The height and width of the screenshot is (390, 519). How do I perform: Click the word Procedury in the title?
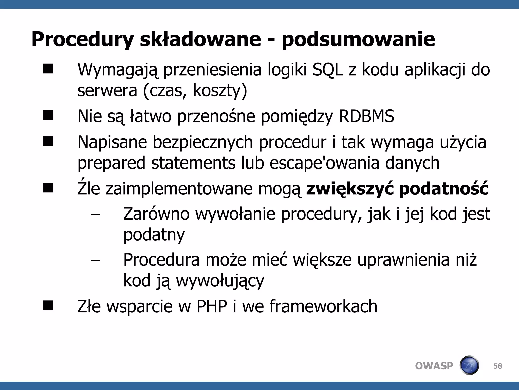82,39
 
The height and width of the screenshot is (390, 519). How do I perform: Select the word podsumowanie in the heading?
358,39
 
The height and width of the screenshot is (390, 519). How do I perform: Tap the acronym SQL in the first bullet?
328,69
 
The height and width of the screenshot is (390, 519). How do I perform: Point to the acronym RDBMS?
366,116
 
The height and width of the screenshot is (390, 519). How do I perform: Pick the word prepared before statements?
111,163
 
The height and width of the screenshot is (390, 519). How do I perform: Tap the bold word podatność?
444,189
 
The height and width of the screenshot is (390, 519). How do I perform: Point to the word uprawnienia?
403,260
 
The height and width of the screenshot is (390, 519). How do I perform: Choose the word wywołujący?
220,281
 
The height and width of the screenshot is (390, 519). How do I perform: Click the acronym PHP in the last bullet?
212,306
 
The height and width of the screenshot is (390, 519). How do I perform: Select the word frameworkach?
323,306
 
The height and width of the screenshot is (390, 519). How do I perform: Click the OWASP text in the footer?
434,366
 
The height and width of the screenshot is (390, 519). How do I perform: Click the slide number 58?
498,366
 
